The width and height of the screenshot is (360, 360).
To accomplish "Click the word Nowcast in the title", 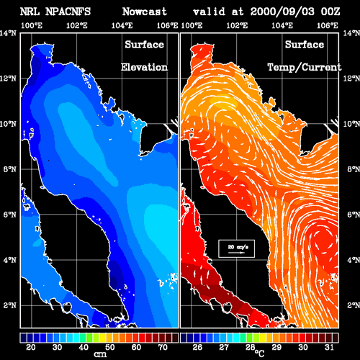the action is click(145, 12).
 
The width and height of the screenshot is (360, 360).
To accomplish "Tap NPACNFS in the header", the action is click(68, 12).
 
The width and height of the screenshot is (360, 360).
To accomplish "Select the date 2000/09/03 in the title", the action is click(282, 12).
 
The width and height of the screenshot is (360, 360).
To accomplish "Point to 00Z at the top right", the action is click(330, 12).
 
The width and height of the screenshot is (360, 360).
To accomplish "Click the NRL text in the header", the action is click(30, 12).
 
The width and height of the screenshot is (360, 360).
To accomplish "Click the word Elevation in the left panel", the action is click(144, 67).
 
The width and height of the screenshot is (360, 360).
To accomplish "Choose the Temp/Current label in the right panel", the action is click(305, 68).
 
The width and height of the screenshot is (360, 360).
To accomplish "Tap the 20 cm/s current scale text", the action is click(238, 247).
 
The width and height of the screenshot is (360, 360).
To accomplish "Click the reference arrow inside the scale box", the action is click(236, 253).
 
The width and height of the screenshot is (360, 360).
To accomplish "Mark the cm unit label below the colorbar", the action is click(100, 354).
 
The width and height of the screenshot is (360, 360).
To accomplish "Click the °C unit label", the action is click(259, 353).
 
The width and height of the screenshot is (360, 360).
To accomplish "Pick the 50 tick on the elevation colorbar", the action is click(110, 347).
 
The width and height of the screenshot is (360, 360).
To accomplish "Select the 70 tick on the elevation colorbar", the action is click(163, 347).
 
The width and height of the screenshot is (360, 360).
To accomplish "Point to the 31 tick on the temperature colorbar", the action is click(329, 347).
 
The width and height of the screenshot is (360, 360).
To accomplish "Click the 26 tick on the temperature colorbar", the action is click(197, 347).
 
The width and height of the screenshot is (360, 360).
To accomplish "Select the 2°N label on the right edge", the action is click(354, 305).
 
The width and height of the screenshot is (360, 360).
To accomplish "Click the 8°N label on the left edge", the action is click(10, 169).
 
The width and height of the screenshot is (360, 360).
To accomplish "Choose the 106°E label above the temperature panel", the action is click(328, 25).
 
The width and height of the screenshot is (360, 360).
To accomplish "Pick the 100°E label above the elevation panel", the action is click(32, 25).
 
